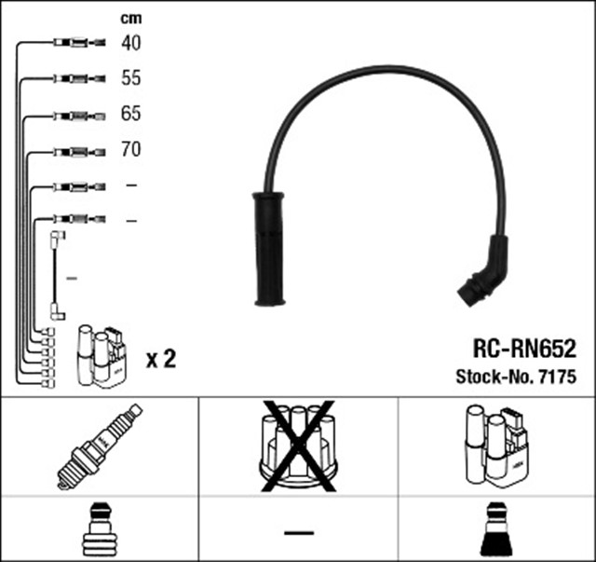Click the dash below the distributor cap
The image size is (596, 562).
[298, 532]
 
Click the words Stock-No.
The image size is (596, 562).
[491, 377]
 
